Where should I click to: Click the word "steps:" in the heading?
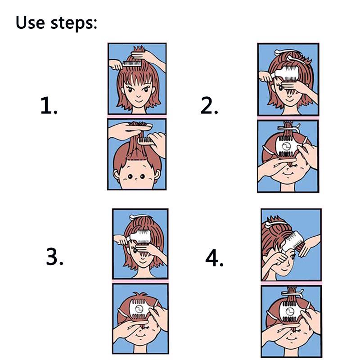pos(74,23)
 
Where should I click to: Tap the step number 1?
pos(49,105)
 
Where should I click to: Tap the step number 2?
pos(209,105)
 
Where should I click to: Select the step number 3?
pos(54,256)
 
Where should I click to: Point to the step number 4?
pos(214,258)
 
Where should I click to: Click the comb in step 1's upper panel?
pos(132,63)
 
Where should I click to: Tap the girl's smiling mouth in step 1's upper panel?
pos(139,101)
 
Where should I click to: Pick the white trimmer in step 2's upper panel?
pos(285,74)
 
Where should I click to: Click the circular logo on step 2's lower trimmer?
pos(286,147)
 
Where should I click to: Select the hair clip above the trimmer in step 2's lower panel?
pos(288,128)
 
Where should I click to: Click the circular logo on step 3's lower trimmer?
pos(139,309)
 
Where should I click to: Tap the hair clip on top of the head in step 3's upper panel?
pos(140,216)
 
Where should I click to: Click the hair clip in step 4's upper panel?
pos(275,223)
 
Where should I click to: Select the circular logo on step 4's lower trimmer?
pos(290,311)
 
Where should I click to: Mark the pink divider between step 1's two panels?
pos(137,117)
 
